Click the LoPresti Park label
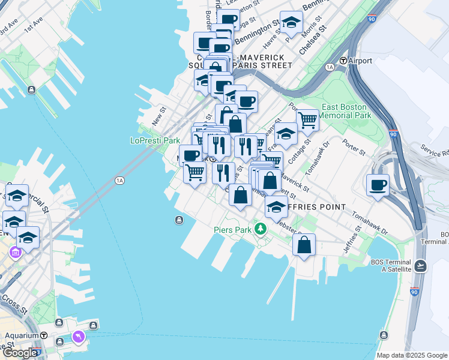point(155,140)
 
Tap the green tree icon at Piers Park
point(260,229)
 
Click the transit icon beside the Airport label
point(343,61)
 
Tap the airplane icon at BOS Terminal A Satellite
point(420,265)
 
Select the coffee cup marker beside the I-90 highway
point(378,185)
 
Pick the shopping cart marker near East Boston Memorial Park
point(307,119)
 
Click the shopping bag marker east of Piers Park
point(304,244)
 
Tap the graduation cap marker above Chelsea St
point(292,23)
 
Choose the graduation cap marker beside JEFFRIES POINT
point(276,207)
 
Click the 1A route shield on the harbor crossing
point(119,180)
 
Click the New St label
point(158,116)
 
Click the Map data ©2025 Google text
point(412,355)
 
